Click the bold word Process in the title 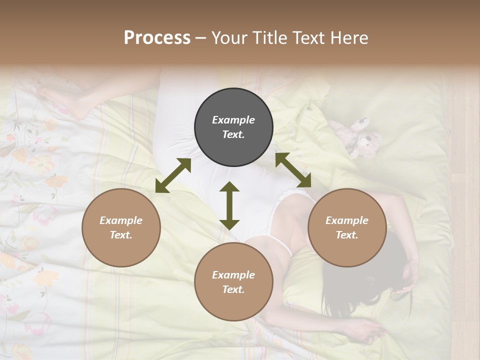(157, 38)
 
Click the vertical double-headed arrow (229, 205)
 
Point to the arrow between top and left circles (173, 175)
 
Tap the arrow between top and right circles (293, 170)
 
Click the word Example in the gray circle (233, 120)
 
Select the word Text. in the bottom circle (233, 289)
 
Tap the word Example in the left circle (121, 220)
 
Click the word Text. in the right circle (347, 235)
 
